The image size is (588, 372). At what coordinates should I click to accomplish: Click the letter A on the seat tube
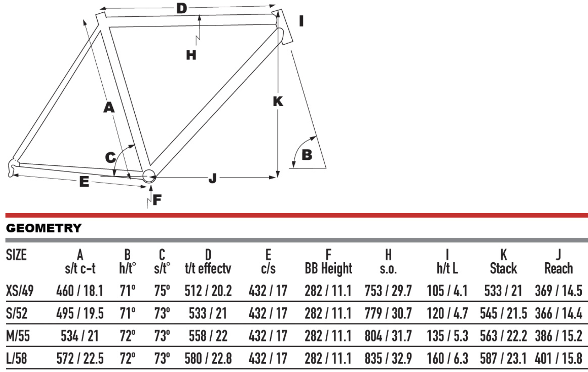point(109,107)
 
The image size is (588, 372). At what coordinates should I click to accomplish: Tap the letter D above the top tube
point(182,8)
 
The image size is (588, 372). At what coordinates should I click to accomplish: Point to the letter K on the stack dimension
point(278,101)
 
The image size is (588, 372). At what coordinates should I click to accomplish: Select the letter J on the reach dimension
point(213,178)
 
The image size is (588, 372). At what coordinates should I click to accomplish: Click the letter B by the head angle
point(307,155)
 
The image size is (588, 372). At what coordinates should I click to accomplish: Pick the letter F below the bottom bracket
point(157,200)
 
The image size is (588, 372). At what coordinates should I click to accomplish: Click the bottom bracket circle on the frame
point(149,176)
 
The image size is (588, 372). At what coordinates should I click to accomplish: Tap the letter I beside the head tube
point(301,21)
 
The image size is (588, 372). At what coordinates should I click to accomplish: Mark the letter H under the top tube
point(191,55)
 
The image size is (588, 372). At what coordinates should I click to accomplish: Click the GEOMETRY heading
point(44,228)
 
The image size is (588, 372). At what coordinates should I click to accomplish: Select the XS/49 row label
point(20,291)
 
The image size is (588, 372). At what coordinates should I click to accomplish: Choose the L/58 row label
point(16,358)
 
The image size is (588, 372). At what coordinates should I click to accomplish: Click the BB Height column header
point(328,268)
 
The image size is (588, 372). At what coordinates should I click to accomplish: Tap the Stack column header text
point(503,268)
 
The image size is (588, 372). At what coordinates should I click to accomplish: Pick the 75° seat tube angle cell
point(162,291)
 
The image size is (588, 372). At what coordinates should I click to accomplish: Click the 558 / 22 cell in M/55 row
point(208,336)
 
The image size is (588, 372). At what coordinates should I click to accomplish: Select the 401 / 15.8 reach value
point(558,358)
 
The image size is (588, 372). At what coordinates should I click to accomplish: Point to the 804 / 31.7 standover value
point(388,336)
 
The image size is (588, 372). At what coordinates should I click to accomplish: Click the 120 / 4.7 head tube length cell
point(447,313)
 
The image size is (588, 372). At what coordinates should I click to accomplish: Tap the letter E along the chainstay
point(84,182)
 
